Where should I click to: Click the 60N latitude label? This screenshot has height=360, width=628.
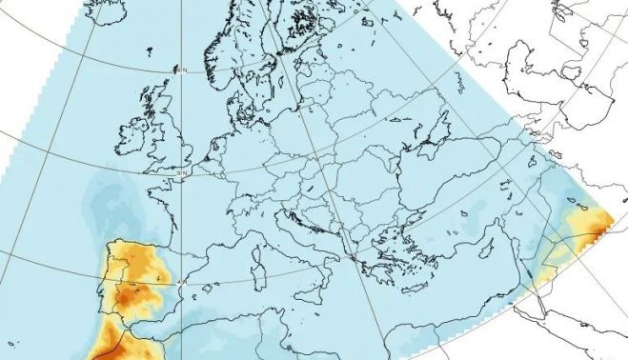tap(180, 70)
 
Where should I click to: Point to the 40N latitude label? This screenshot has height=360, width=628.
tap(183, 282)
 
